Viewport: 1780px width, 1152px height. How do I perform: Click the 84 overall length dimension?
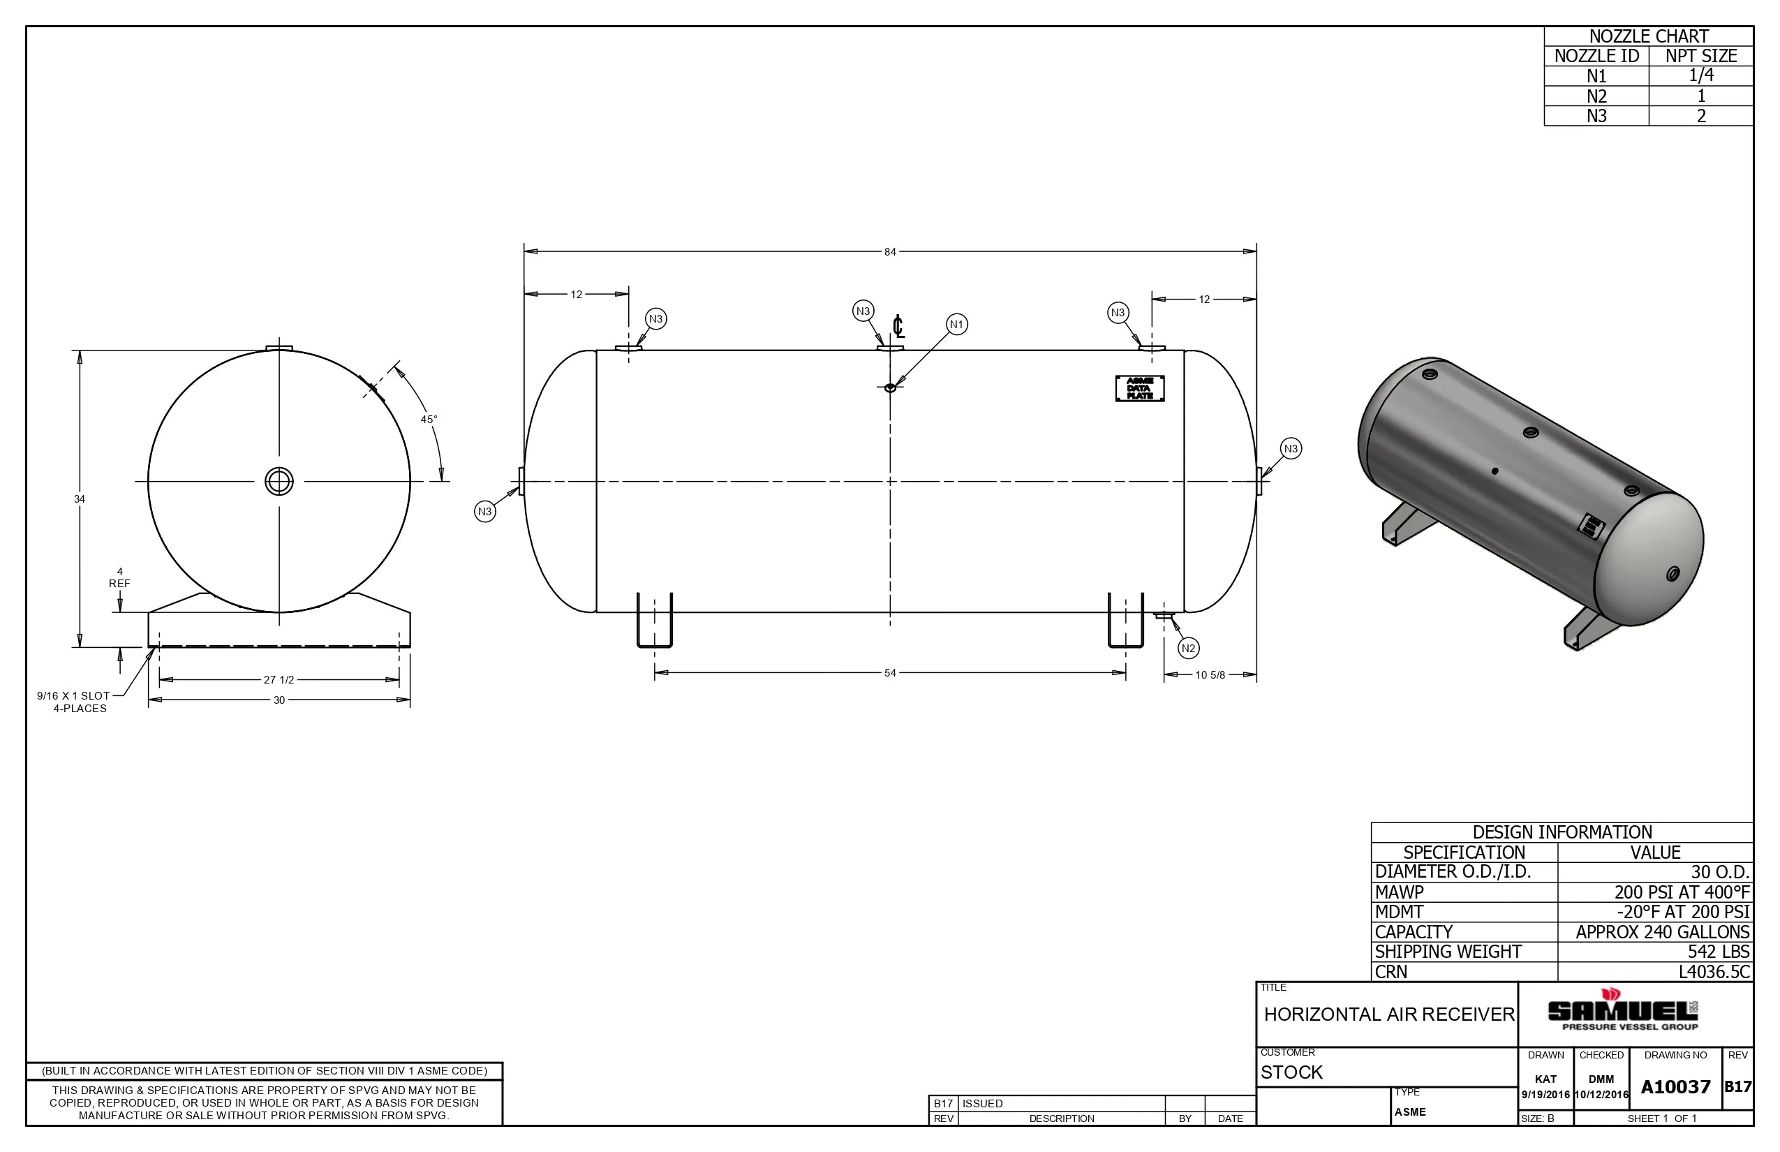[x=889, y=252]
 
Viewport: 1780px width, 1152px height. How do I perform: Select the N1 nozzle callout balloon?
[x=956, y=325]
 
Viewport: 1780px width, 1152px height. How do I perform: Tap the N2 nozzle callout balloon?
[x=1188, y=648]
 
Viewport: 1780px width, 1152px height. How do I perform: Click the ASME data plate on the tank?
[x=1140, y=388]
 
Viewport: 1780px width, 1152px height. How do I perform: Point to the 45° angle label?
[x=429, y=420]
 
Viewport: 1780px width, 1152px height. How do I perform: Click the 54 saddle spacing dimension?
[x=889, y=673]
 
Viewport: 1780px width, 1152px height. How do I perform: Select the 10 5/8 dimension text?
[x=1209, y=676]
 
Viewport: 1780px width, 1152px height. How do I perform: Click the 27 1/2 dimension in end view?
[x=279, y=680]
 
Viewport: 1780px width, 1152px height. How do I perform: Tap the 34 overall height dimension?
[x=80, y=499]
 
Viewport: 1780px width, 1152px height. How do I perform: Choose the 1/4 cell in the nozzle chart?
[x=1700, y=75]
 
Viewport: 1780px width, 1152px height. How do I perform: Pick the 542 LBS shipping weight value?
[x=1718, y=952]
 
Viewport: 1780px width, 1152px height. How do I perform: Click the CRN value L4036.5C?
[x=1714, y=972]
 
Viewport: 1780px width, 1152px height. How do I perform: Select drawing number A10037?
[x=1675, y=1087]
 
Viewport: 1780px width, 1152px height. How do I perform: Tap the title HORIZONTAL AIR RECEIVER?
[x=1389, y=1014]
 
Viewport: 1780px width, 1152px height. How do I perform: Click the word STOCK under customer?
[x=1291, y=1072]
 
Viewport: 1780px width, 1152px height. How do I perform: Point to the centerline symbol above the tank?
[x=898, y=327]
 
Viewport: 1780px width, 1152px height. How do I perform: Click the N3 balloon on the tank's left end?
[x=484, y=512]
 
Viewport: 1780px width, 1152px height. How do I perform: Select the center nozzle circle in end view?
[x=279, y=482]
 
